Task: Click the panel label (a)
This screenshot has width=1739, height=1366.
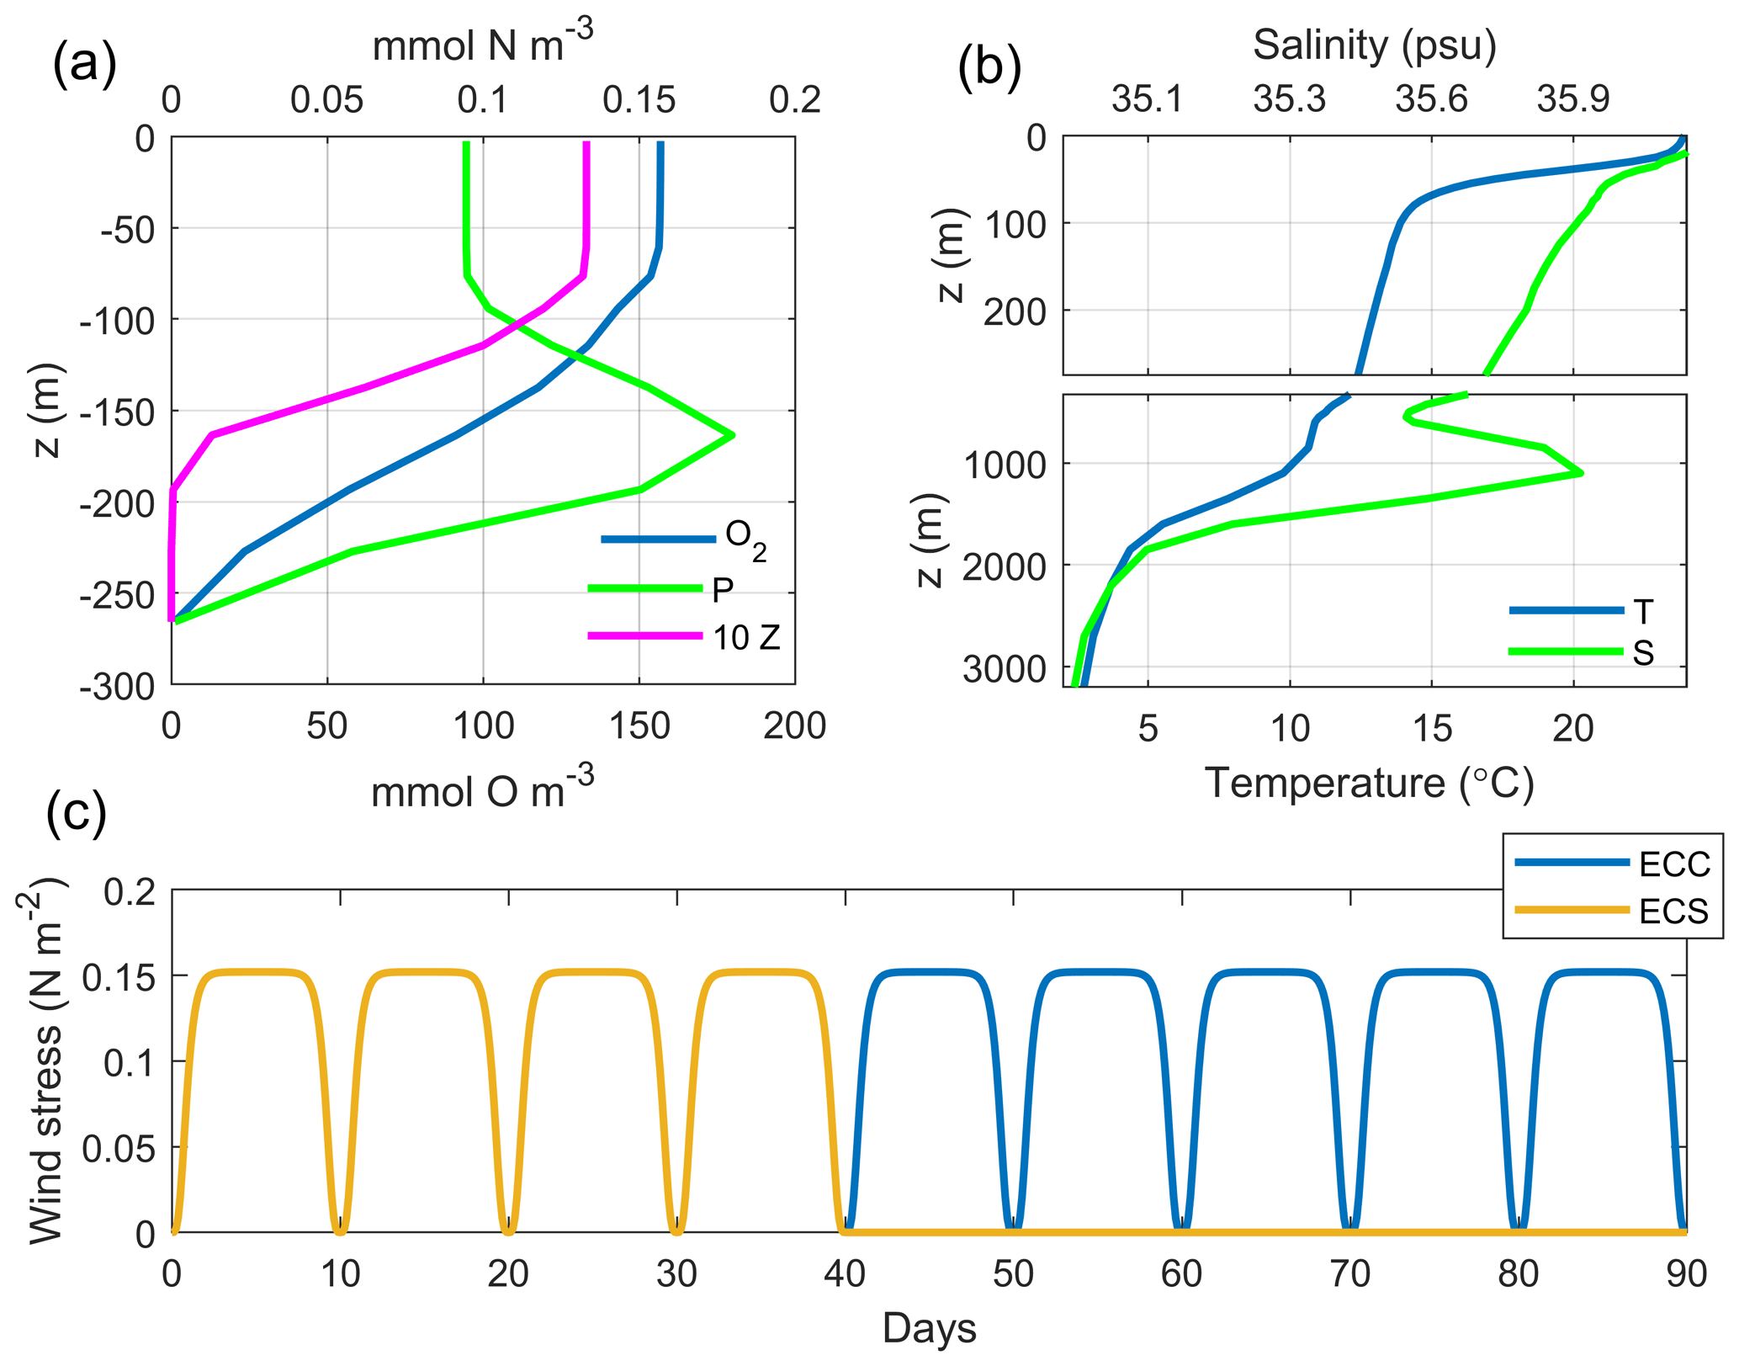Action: point(84,64)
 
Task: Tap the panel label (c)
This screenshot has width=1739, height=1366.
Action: point(77,812)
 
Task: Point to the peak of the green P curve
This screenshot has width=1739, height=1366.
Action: point(733,435)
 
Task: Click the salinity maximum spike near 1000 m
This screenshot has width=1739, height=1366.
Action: point(1581,473)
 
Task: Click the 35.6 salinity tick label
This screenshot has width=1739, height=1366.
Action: point(1431,99)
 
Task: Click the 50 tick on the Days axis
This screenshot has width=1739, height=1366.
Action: point(1013,1274)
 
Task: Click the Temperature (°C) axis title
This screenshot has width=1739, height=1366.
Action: point(1370,784)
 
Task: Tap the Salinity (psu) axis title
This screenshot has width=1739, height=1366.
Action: point(1374,45)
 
